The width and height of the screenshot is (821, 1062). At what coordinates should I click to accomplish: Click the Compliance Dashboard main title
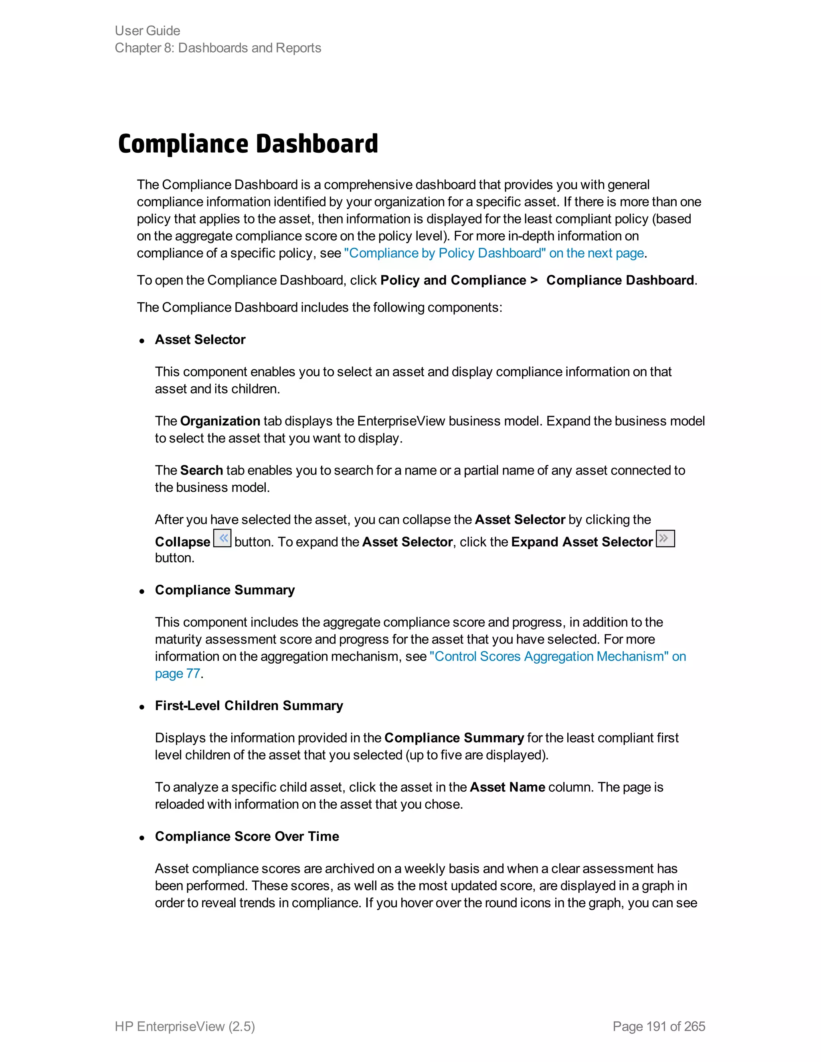click(x=248, y=144)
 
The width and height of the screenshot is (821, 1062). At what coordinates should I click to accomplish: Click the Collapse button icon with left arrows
click(x=222, y=538)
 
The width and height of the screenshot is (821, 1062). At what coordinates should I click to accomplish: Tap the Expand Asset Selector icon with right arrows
click(x=665, y=538)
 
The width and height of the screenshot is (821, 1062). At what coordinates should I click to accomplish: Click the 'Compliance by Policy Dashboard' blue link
click(x=493, y=253)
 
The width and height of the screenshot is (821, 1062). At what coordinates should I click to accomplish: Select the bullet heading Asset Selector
click(x=200, y=339)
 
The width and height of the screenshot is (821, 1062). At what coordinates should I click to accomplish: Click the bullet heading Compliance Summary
click(x=225, y=590)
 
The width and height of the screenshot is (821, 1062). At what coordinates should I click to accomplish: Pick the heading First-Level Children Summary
click(x=249, y=706)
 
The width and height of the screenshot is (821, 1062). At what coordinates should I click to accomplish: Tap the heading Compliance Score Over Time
click(x=247, y=836)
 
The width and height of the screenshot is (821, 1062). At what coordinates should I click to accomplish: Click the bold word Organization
click(x=220, y=421)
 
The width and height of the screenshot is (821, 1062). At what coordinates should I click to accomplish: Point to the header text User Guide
click(x=148, y=30)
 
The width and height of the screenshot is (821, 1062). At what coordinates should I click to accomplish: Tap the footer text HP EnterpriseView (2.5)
click(x=184, y=1026)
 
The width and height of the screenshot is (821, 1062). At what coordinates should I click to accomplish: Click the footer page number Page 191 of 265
click(x=659, y=1026)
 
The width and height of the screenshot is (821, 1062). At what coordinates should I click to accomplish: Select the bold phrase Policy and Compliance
click(x=453, y=281)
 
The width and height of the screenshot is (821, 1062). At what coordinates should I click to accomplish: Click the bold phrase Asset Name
click(x=507, y=787)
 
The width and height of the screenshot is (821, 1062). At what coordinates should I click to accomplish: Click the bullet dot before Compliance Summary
click(x=142, y=592)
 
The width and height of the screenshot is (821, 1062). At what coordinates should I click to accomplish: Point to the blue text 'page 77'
click(x=178, y=674)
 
